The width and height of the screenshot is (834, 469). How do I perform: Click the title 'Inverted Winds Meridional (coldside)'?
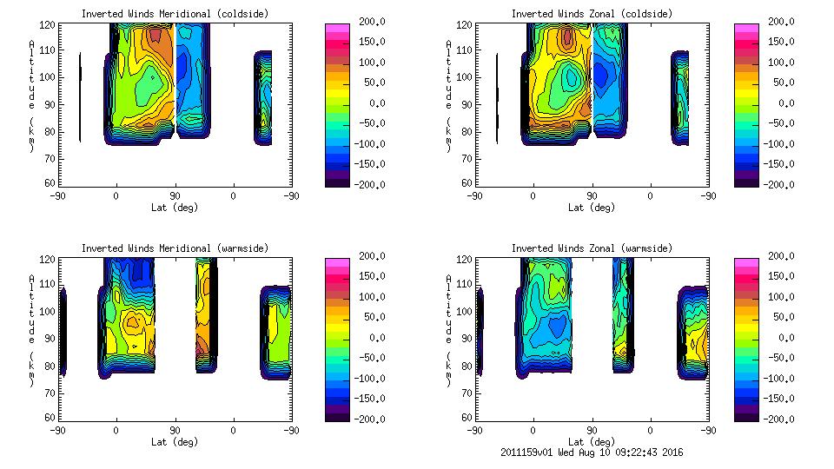pos(175,14)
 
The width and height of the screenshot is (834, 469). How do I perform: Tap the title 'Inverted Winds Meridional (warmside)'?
pos(175,248)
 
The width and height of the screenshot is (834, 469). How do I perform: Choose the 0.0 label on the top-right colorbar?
pos(786,102)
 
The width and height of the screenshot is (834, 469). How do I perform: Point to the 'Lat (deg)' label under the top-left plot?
pos(175,208)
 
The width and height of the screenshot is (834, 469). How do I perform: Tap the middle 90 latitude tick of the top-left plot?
pos(175,196)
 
